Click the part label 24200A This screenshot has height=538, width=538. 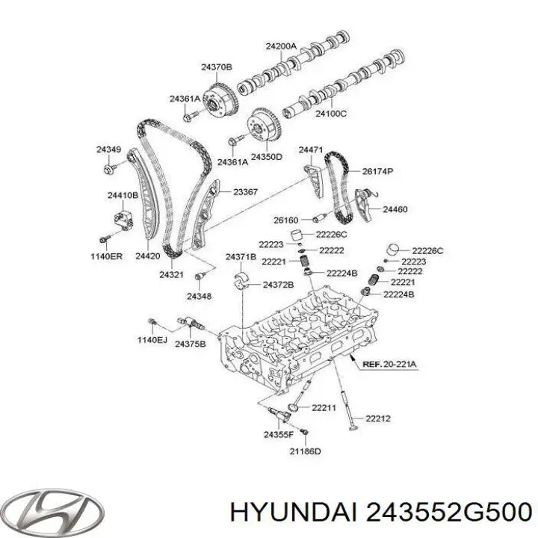click(x=282, y=46)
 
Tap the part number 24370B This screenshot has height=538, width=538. click(x=217, y=67)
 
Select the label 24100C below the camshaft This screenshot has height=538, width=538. click(x=331, y=113)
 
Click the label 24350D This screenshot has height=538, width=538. click(x=266, y=156)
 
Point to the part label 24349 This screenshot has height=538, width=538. click(x=108, y=149)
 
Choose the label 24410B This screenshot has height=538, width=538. click(x=123, y=195)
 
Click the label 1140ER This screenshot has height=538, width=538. click(x=106, y=256)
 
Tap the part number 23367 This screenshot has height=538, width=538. click(x=245, y=192)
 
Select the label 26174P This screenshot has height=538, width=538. click(x=378, y=171)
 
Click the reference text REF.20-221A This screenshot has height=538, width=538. click(x=390, y=364)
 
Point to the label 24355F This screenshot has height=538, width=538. click(x=279, y=434)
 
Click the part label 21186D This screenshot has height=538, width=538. click(x=305, y=451)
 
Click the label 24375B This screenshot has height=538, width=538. click(x=191, y=344)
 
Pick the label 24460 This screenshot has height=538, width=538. click(x=395, y=209)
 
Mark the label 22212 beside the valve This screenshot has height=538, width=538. click(x=378, y=418)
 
